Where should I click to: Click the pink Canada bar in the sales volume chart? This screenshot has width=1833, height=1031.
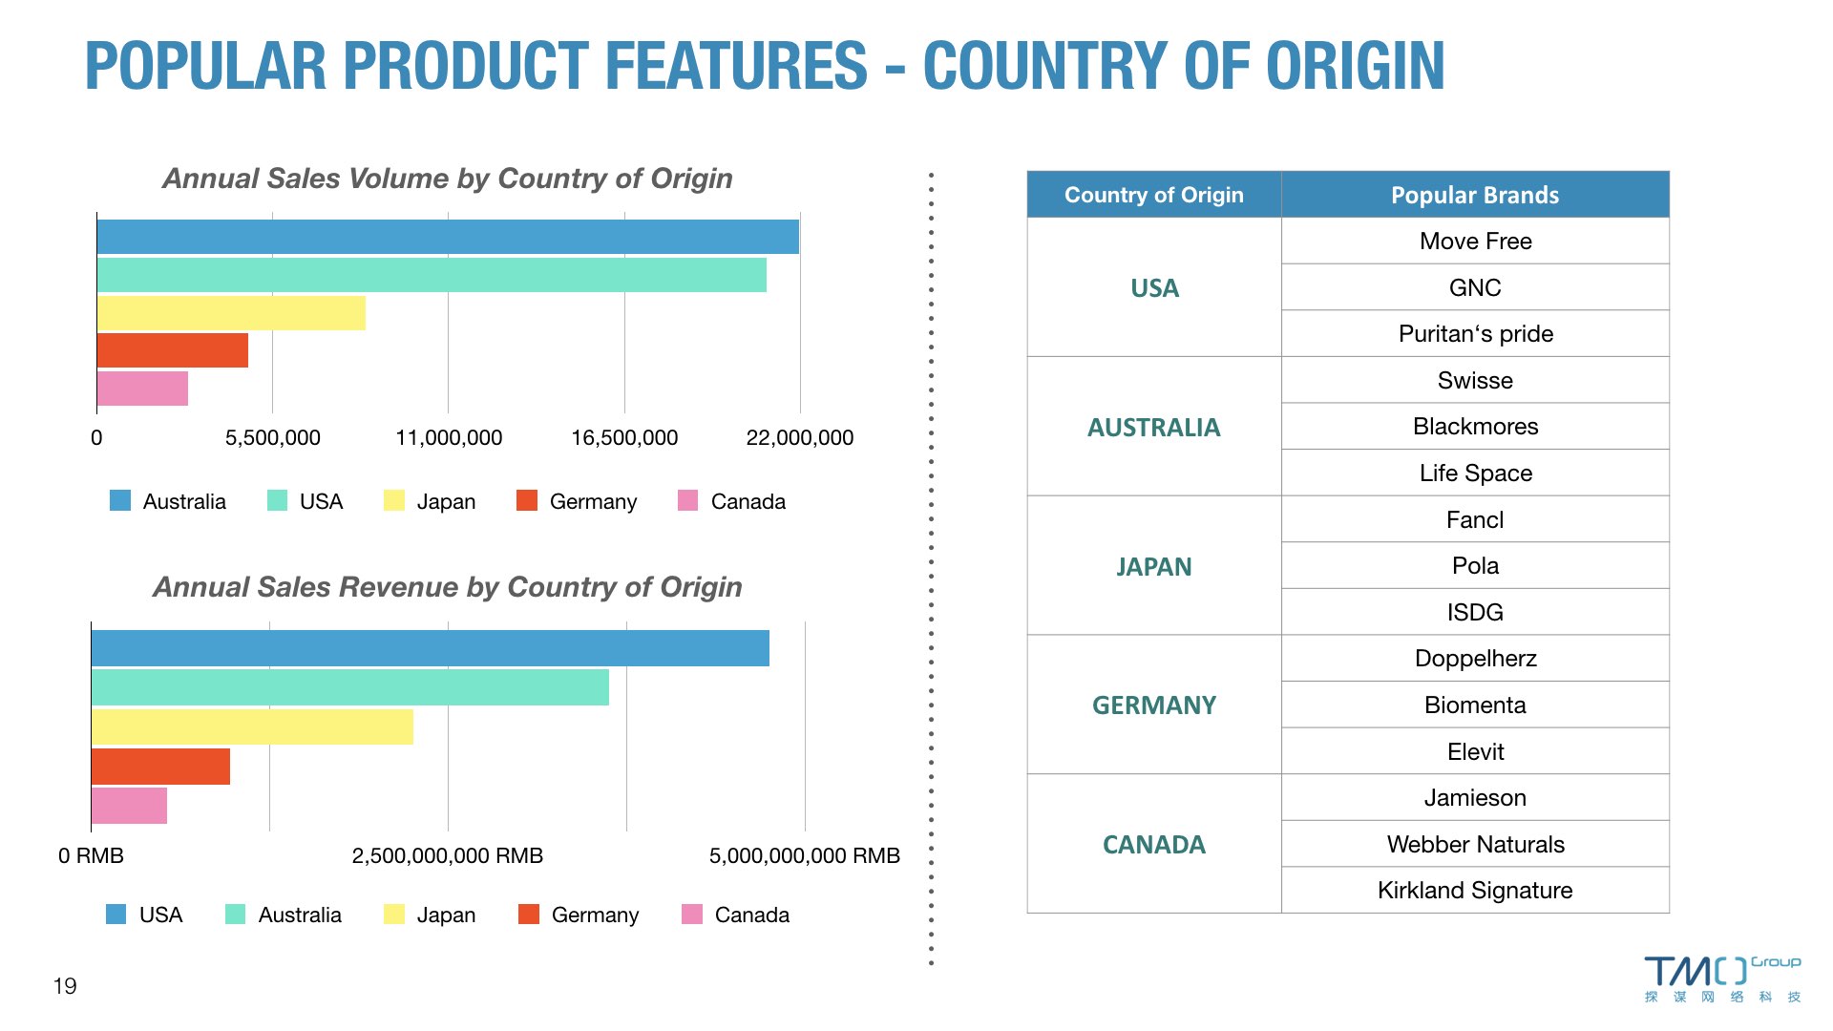pos(142,389)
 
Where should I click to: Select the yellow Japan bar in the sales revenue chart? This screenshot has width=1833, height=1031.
pos(252,726)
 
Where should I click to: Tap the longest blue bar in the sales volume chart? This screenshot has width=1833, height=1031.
pos(448,237)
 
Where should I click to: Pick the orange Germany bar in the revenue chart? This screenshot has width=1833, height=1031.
pos(160,767)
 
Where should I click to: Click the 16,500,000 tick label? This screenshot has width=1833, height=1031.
pos(624,438)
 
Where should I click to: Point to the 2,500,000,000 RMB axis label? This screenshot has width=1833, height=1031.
pos(448,856)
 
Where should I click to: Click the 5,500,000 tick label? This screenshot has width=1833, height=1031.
pos(273,438)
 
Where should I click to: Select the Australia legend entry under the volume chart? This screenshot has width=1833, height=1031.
pos(168,501)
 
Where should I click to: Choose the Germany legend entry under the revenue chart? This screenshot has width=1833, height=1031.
pos(579,915)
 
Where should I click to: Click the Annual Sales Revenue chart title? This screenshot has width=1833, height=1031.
pos(448,586)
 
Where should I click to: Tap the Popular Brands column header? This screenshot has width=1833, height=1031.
pos(1475,195)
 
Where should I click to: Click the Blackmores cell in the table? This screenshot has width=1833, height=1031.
pos(1475,427)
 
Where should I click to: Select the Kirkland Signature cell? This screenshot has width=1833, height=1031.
pos(1475,891)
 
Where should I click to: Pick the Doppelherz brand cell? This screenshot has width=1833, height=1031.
pos(1475,659)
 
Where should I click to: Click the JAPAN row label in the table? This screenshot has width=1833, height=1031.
pos(1154,567)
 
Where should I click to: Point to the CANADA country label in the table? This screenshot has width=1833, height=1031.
pos(1154,845)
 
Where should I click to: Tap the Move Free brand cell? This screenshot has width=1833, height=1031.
pos(1475,242)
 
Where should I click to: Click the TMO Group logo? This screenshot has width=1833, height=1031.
pos(1722,978)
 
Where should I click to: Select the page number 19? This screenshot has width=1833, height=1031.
pos(65,986)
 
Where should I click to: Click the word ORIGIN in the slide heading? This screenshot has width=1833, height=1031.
pos(1356,66)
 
